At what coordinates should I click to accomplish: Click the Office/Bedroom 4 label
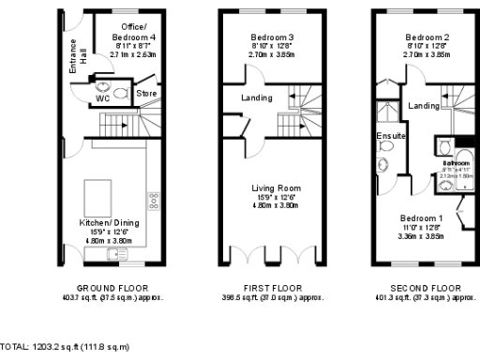tap(126, 31)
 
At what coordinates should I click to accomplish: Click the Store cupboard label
tap(144, 94)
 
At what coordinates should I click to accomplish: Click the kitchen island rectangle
tap(96, 197)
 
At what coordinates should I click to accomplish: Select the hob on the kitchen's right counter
tap(152, 200)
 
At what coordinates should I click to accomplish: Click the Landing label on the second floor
tap(424, 107)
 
